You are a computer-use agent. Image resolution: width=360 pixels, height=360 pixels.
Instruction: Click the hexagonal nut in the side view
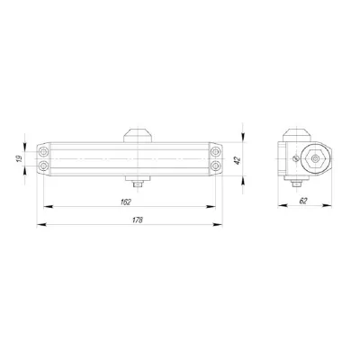point(317,158)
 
